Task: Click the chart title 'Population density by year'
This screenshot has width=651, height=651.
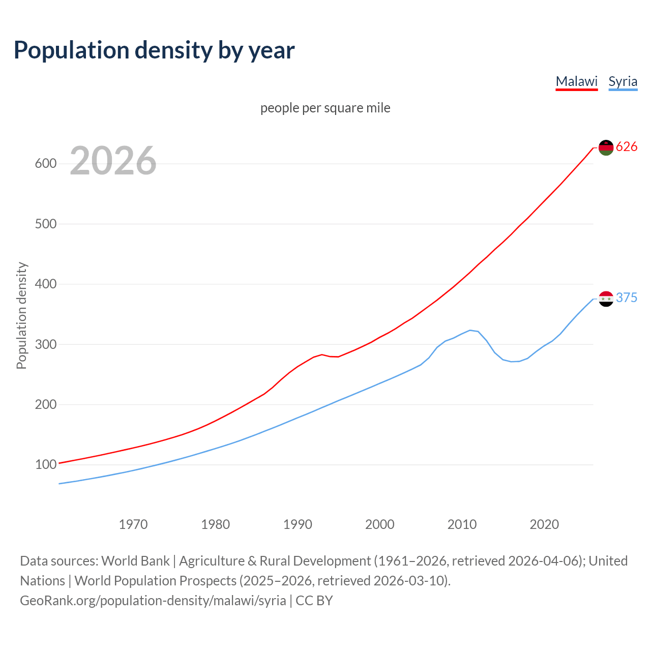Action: pyautogui.click(x=154, y=50)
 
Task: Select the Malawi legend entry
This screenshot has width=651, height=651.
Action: pyautogui.click(x=576, y=81)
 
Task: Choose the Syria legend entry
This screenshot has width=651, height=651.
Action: pyautogui.click(x=623, y=81)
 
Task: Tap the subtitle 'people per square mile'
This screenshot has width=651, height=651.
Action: pyautogui.click(x=325, y=108)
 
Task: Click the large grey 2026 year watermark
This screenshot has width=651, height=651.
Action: pyautogui.click(x=113, y=161)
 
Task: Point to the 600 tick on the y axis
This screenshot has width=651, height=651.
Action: pyautogui.click(x=45, y=164)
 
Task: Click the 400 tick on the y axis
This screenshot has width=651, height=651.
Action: pyautogui.click(x=45, y=284)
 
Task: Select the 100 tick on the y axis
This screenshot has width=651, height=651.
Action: pyautogui.click(x=45, y=465)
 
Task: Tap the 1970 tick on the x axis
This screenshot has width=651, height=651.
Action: pyautogui.click(x=133, y=524)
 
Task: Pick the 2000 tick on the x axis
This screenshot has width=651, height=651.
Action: pyautogui.click(x=379, y=524)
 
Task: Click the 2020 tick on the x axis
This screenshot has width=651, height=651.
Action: pyautogui.click(x=544, y=524)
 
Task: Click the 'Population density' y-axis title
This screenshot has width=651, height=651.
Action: pyautogui.click(x=21, y=315)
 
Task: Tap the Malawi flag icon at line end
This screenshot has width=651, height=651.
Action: pyautogui.click(x=606, y=147)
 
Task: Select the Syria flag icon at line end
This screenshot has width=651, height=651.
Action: pyautogui.click(x=606, y=299)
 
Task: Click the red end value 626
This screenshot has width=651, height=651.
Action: pyautogui.click(x=627, y=147)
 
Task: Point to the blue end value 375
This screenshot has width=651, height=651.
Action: pyautogui.click(x=627, y=298)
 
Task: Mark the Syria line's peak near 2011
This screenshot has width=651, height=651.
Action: pyautogui.click(x=470, y=330)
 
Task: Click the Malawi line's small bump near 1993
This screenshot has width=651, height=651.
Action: pyautogui.click(x=322, y=354)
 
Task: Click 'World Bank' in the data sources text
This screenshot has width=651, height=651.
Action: pyautogui.click(x=135, y=561)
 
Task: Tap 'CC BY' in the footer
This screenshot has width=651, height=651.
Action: pyautogui.click(x=314, y=601)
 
